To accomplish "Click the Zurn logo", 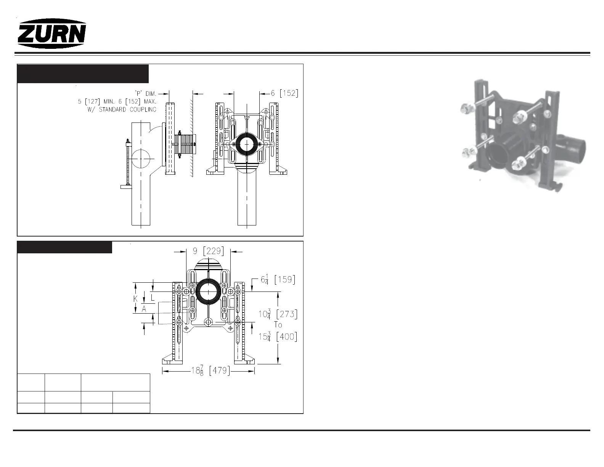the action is click(52, 34).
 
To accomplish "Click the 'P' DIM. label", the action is click(146, 94).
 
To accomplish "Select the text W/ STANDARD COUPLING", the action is click(122, 110).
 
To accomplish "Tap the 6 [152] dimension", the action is click(284, 93).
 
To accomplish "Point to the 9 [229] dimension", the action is click(209, 251).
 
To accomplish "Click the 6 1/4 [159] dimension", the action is click(278, 279).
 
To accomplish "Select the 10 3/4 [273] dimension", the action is click(278, 314).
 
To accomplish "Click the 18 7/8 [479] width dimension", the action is click(211, 370).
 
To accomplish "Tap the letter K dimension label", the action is click(136, 299).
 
